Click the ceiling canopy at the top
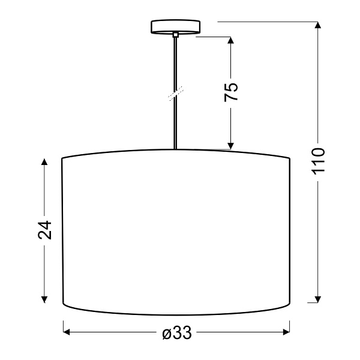[x=175, y=26]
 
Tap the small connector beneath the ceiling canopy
[x=175, y=36]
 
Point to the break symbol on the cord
[x=175, y=93]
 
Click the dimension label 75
[x=231, y=91]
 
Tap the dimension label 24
[x=45, y=230]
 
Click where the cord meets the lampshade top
[x=175, y=149]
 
